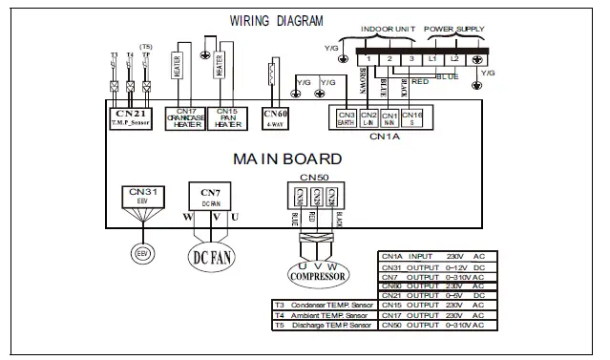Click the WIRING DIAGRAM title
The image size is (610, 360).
point(277,20)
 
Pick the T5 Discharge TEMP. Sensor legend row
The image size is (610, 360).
point(324,326)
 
